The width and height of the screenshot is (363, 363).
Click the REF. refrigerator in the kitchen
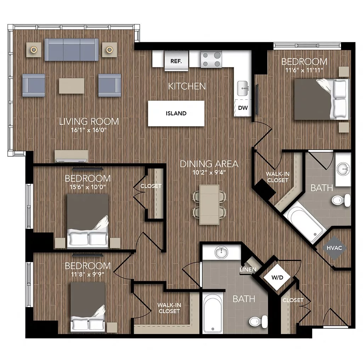point(176,61)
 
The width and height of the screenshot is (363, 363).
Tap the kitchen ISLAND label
point(176,113)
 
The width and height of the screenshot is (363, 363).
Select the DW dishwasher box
point(242,108)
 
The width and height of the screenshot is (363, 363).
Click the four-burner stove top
point(211,59)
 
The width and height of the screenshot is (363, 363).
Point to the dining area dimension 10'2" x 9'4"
point(209,173)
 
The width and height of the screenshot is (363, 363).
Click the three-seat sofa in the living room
point(72,50)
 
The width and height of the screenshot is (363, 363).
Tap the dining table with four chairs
point(209,205)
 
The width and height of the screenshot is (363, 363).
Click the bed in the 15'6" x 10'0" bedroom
point(88,220)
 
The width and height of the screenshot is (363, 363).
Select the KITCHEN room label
point(186,86)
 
